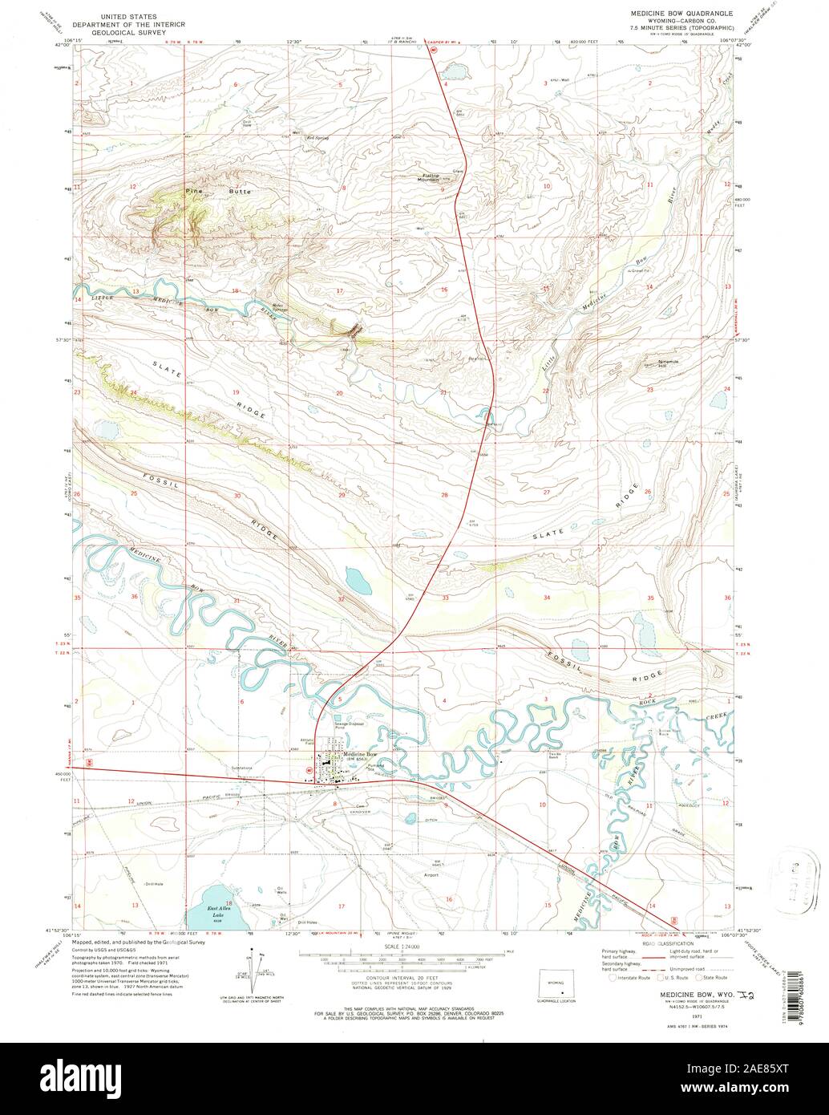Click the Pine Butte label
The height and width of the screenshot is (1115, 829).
tap(208, 192)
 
